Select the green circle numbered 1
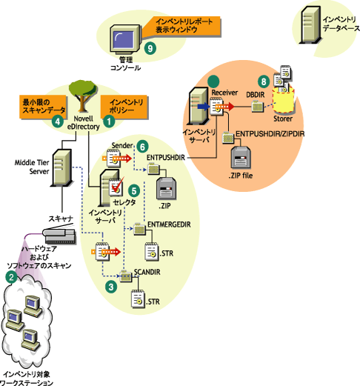point(109,116)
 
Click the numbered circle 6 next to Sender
point(143,147)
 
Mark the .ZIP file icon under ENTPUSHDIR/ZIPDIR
point(241,156)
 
